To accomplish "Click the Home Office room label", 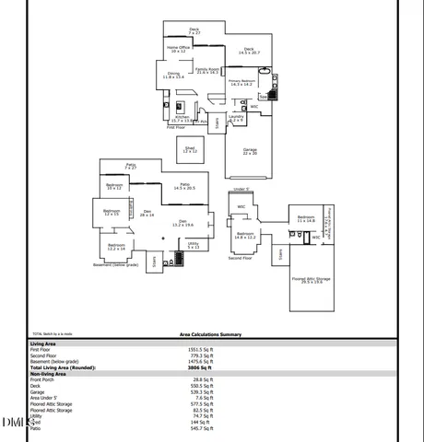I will click(x=179, y=49).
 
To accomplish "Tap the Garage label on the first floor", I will click(x=250, y=151).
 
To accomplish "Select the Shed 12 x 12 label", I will click(x=190, y=149).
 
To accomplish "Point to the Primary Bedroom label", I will click(x=242, y=83).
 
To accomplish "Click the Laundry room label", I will click(x=236, y=118).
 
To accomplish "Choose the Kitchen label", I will click(x=183, y=118).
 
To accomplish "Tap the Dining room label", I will click(x=173, y=76).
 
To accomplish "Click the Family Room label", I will click(x=207, y=70).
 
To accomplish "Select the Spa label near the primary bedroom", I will click(x=263, y=96).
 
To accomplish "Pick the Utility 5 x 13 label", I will click(x=194, y=245).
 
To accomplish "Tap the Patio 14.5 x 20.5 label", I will click(x=184, y=186).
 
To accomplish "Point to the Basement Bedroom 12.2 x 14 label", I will click(x=115, y=247).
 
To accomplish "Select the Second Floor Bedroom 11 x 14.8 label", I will click(x=306, y=219).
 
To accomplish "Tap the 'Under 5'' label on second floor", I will click(x=241, y=189).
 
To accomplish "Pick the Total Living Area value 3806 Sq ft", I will click(x=201, y=367).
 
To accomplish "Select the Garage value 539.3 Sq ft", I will click(x=201, y=391).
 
